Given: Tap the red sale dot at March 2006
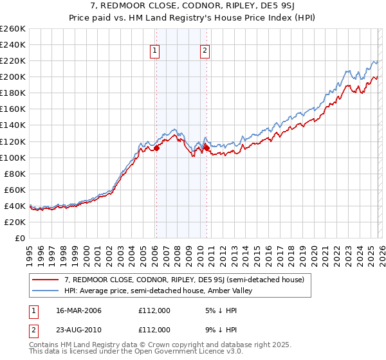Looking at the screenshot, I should point(156,148).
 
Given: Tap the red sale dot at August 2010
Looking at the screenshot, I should point(207,148).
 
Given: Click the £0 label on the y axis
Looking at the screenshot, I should point(19,238).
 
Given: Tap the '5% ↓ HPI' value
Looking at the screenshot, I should point(219,310).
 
